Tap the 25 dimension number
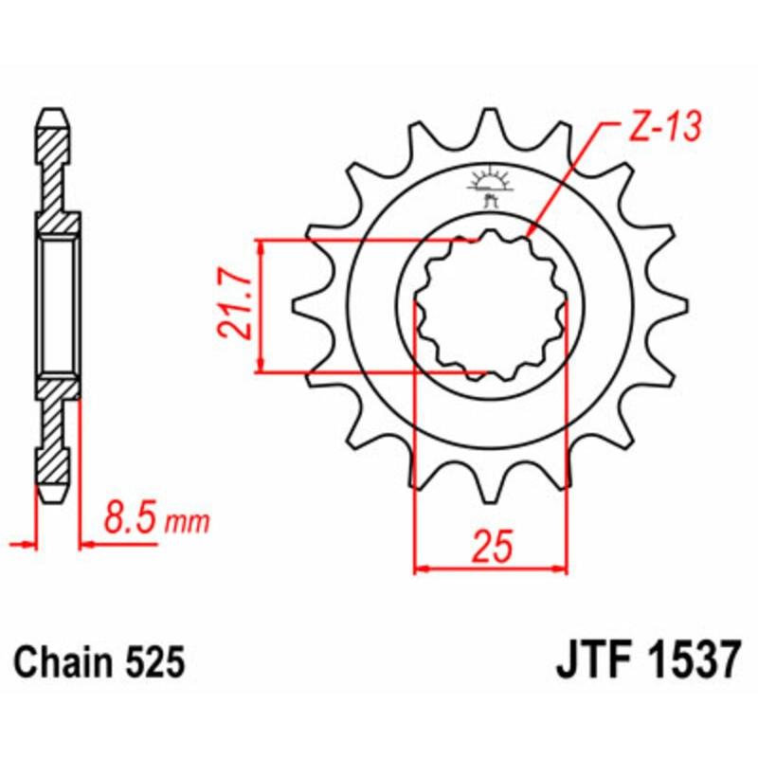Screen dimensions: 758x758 tap(490, 547)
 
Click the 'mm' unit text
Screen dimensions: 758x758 tap(187, 522)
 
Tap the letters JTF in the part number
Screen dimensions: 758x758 tap(589, 660)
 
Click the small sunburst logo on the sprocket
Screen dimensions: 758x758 tap(489, 181)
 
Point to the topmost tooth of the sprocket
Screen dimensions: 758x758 tap(489, 120)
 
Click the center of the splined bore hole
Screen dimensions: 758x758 tap(491, 305)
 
